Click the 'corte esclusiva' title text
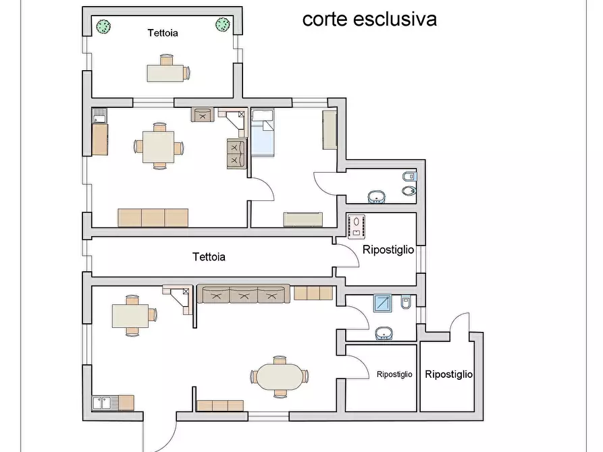[x=369, y=19]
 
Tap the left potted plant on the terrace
[x=103, y=26]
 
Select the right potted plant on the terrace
[x=223, y=25]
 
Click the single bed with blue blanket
[x=263, y=136]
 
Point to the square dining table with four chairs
[x=159, y=146]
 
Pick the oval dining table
[x=279, y=376]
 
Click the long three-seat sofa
[x=243, y=294]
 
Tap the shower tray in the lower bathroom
[x=383, y=304]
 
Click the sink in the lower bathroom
[x=384, y=333]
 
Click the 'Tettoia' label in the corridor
[x=209, y=257]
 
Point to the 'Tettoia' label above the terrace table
[x=163, y=32]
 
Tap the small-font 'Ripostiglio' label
[x=394, y=374]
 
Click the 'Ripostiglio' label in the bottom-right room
[x=448, y=374]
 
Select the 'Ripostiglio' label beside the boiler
[x=388, y=250]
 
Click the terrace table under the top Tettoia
[x=166, y=72]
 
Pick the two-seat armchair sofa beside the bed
[x=236, y=153]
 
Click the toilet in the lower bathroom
[x=405, y=304]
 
